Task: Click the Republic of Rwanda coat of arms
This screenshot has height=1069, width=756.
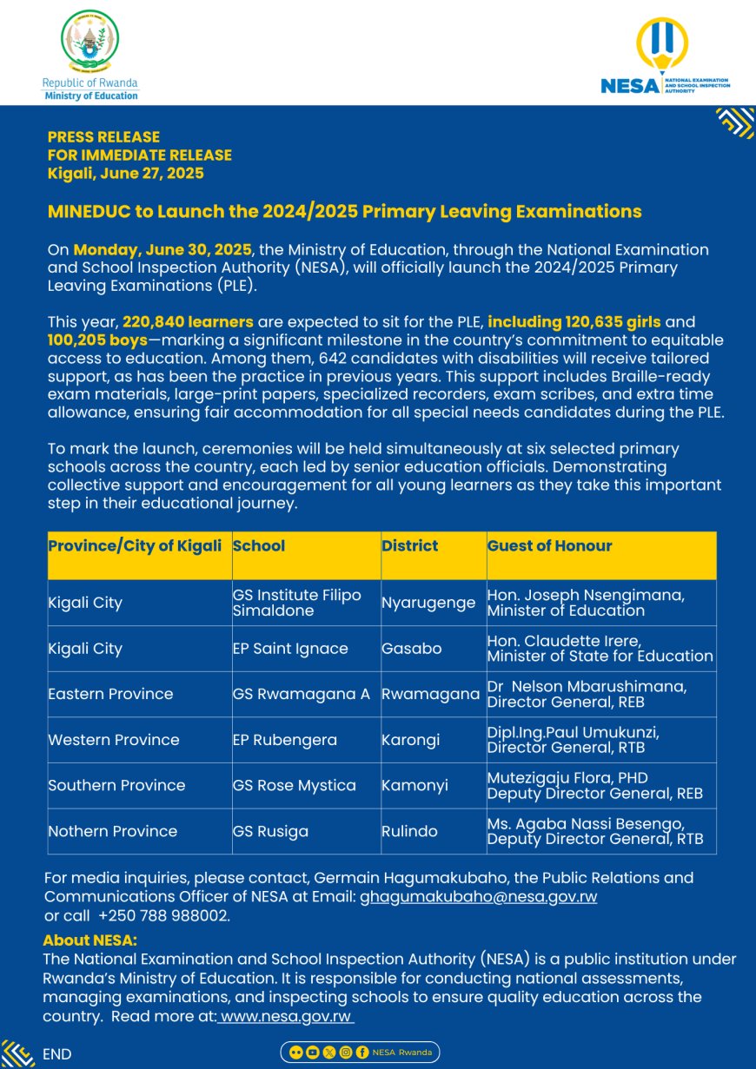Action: click(90, 41)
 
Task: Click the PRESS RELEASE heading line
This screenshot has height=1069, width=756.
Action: click(103, 137)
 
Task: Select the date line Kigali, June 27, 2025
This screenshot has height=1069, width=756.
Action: click(126, 174)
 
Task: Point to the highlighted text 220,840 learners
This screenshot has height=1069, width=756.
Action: click(188, 322)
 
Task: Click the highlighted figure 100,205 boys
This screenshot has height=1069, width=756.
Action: click(97, 340)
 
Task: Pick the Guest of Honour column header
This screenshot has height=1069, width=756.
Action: click(549, 546)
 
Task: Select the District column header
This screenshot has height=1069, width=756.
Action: click(410, 546)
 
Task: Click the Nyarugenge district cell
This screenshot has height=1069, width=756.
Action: click(428, 603)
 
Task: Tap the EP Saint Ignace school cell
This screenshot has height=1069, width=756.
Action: click(290, 649)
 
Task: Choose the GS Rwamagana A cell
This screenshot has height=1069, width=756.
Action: click(301, 694)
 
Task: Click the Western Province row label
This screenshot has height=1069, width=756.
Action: click(114, 740)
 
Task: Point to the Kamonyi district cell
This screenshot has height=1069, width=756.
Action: click(414, 786)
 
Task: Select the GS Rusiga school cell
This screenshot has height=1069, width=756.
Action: click(270, 831)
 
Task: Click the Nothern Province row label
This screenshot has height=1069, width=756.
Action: click(113, 831)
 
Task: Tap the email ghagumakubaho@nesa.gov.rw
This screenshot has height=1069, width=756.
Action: click(478, 897)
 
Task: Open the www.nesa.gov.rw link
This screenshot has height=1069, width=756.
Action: click(286, 1016)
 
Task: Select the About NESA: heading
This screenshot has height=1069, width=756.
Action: click(90, 940)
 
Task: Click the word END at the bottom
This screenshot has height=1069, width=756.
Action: click(57, 1054)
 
